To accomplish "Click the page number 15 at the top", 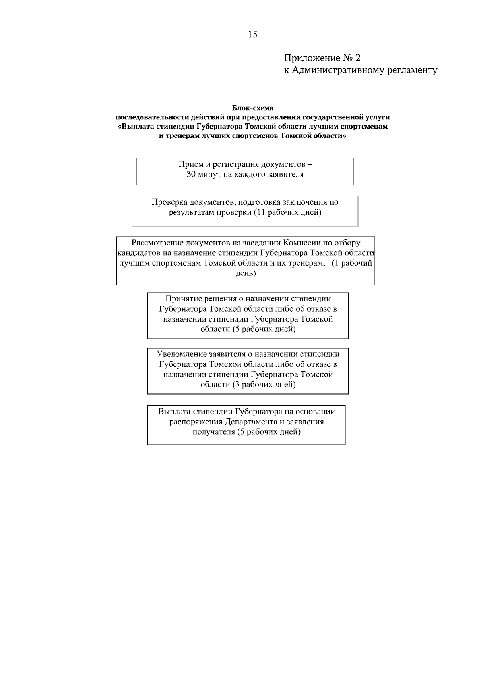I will [253, 35].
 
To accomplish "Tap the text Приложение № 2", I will [322, 58].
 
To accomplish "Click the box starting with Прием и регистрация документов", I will [245, 171].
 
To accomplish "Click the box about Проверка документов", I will [245, 211].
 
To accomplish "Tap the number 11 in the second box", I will [261, 212].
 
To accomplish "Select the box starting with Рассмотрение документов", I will [246, 261].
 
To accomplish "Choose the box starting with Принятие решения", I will [248, 316].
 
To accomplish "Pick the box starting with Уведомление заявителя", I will [248, 371].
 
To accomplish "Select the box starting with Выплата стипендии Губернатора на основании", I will [246, 425].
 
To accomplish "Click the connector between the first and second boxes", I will [244, 190].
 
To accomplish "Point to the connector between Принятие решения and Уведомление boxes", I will [244, 343].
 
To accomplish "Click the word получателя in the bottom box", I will [213, 432].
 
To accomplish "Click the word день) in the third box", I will [246, 273].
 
